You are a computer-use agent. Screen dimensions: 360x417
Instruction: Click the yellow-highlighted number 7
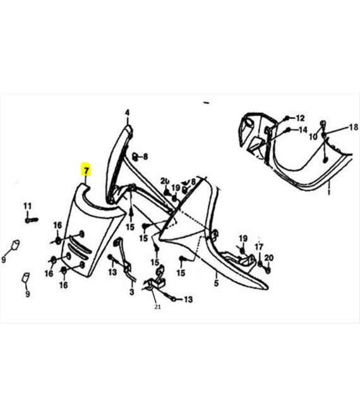(86, 170)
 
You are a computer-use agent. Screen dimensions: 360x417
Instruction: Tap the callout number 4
(128, 112)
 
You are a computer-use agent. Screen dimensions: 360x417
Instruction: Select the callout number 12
(300, 118)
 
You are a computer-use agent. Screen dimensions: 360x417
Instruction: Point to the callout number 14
(303, 130)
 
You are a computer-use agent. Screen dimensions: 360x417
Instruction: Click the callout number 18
(353, 128)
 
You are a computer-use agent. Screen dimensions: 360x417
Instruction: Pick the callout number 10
(313, 136)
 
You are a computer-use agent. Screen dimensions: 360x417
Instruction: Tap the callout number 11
(27, 206)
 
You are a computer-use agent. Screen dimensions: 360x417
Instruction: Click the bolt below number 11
(32, 220)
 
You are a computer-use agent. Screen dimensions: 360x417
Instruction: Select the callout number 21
(157, 307)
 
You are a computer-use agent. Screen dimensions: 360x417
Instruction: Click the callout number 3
(132, 292)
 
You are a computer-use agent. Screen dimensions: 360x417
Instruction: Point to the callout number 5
(216, 283)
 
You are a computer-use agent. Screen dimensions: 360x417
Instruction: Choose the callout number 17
(259, 247)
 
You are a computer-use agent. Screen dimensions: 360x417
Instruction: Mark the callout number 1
(329, 191)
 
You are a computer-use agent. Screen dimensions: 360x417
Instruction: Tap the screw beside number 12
(287, 118)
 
